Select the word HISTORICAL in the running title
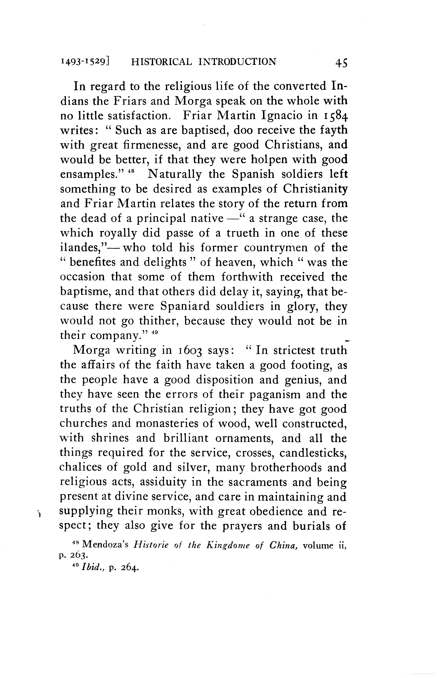(x=161, y=62)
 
